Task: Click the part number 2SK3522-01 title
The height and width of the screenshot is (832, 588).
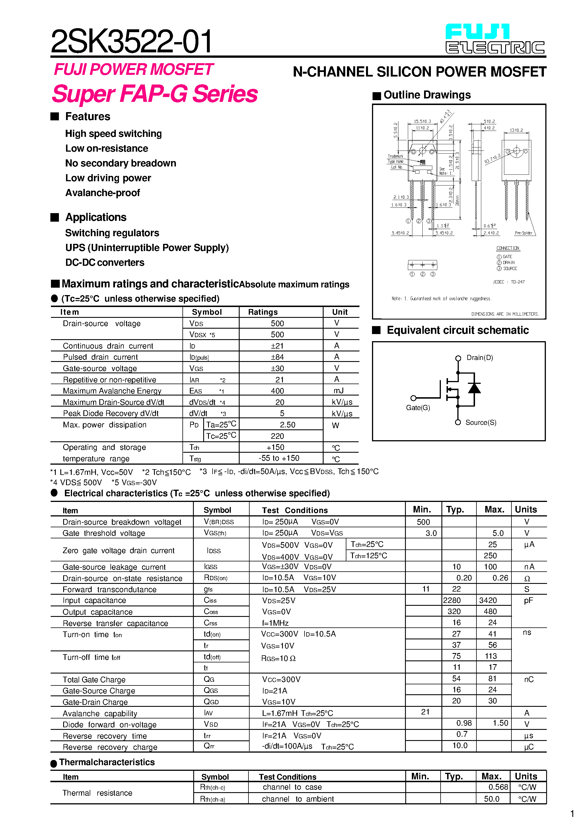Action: (131, 42)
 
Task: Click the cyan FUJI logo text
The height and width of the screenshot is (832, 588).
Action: (477, 32)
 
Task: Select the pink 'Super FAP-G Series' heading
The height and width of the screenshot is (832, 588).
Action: (155, 94)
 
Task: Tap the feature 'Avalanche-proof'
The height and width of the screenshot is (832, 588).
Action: (102, 193)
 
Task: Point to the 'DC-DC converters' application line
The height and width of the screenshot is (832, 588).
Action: (105, 262)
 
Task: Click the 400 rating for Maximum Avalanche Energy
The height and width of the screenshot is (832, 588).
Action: (277, 391)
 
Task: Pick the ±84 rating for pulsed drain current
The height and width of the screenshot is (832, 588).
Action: (277, 357)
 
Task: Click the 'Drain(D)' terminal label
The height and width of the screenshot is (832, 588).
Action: (480, 358)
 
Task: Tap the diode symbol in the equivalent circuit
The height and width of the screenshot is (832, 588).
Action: (474, 388)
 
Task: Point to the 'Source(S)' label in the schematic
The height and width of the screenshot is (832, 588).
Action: (481, 423)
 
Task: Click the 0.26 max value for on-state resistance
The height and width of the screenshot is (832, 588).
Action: (500, 578)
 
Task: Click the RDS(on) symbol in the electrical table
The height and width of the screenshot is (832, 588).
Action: (216, 578)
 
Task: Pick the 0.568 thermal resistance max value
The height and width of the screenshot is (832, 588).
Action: (498, 787)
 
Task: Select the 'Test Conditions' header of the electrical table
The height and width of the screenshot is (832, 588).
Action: (295, 510)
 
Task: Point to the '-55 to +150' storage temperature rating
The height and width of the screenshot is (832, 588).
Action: (279, 458)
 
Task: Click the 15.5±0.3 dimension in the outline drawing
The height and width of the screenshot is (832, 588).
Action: (422, 121)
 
